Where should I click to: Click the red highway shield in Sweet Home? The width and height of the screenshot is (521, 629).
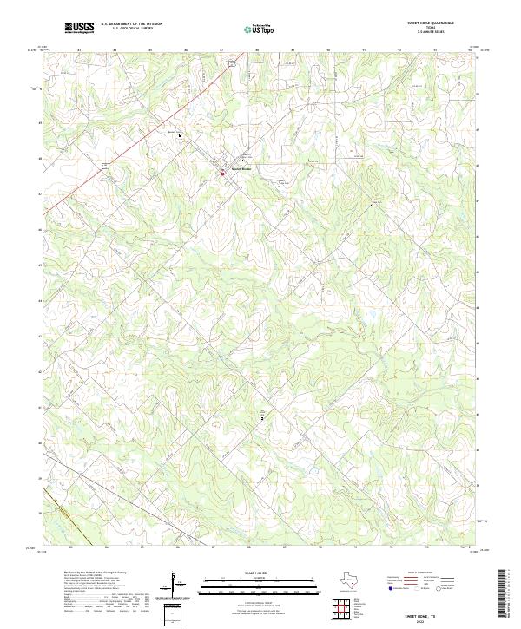pyautogui.click(x=221, y=173)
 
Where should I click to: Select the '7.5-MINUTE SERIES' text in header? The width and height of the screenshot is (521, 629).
pyautogui.click(x=425, y=32)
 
